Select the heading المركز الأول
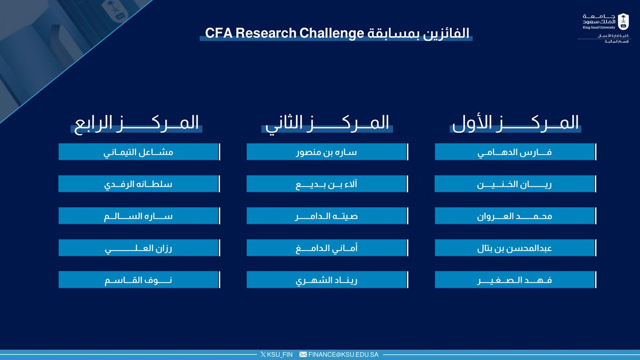(515, 123)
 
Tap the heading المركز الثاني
(326, 123)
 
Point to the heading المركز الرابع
(135, 123)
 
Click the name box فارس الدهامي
(515, 152)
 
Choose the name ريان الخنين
(515, 184)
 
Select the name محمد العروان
(515, 216)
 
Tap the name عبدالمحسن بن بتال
(515, 248)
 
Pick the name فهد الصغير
(515, 280)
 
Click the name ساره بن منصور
(326, 152)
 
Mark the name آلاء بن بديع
(326, 184)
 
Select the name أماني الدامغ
(326, 248)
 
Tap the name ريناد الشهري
(326, 280)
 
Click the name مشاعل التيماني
(138, 152)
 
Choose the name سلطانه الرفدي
(138, 184)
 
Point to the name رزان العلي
(138, 248)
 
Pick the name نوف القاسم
(138, 280)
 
